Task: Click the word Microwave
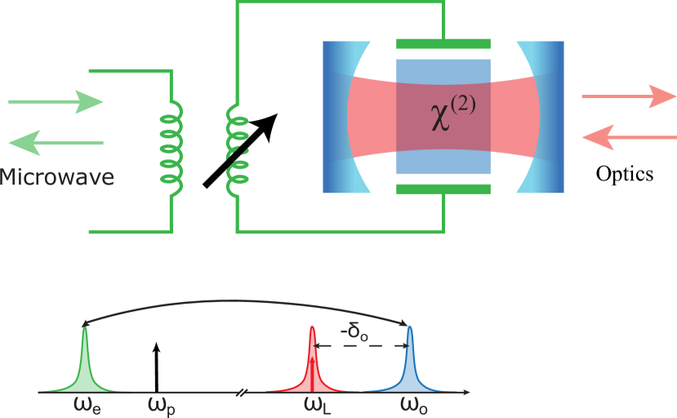pos(56,177)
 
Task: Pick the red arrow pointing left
pos(628,137)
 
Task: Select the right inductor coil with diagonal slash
pos(237,151)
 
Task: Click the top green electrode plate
pos(443,44)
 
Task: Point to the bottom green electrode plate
pos(443,189)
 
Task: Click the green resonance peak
pos(85,363)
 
